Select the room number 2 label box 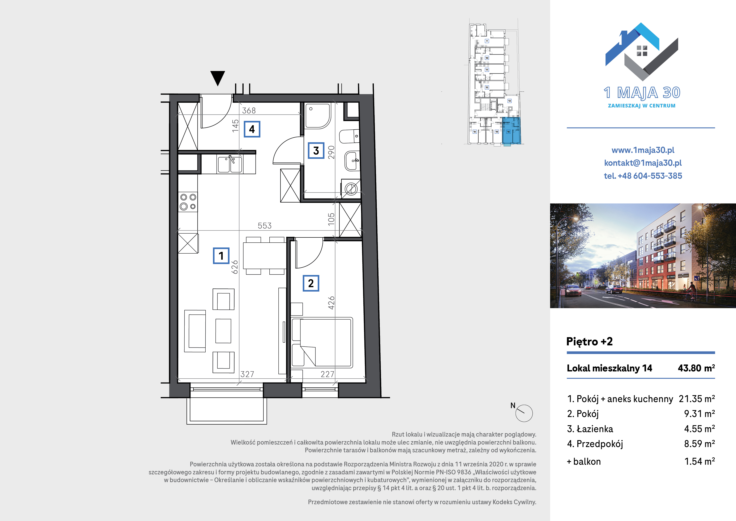311,283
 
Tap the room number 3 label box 316,151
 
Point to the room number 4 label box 252,129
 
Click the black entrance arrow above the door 218,78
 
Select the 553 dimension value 264,226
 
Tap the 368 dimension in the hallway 249,111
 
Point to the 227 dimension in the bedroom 327,374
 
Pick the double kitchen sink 230,164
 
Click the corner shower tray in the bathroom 317,116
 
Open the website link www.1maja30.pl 643,150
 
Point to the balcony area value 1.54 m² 699,461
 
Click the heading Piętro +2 590,341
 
